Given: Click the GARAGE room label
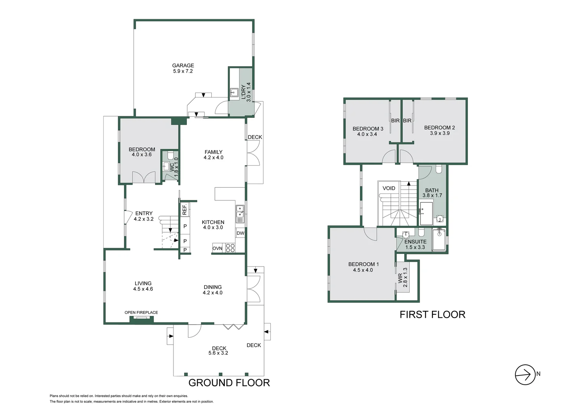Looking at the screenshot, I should (183, 65).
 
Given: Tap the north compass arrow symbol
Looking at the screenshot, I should (525, 374).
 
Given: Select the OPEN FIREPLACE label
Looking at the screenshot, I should (141, 312).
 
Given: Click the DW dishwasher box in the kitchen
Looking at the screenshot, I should (240, 233).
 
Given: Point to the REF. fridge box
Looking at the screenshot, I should (185, 209).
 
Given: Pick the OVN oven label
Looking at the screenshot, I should (217, 248).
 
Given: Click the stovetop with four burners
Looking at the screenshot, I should (230, 248).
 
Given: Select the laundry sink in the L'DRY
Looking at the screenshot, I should (234, 92).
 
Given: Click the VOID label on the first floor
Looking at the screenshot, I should (389, 188).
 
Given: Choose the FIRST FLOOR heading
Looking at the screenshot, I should (432, 314).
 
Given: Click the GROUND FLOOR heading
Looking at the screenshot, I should (229, 382).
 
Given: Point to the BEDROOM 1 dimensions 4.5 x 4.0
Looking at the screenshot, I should (363, 270).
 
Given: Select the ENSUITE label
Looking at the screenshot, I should (415, 242).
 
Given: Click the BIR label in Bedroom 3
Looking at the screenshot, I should (395, 120).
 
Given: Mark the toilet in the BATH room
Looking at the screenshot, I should (439, 169).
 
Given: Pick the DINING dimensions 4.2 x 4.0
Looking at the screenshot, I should (212, 293).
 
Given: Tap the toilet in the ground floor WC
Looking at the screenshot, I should (170, 155).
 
